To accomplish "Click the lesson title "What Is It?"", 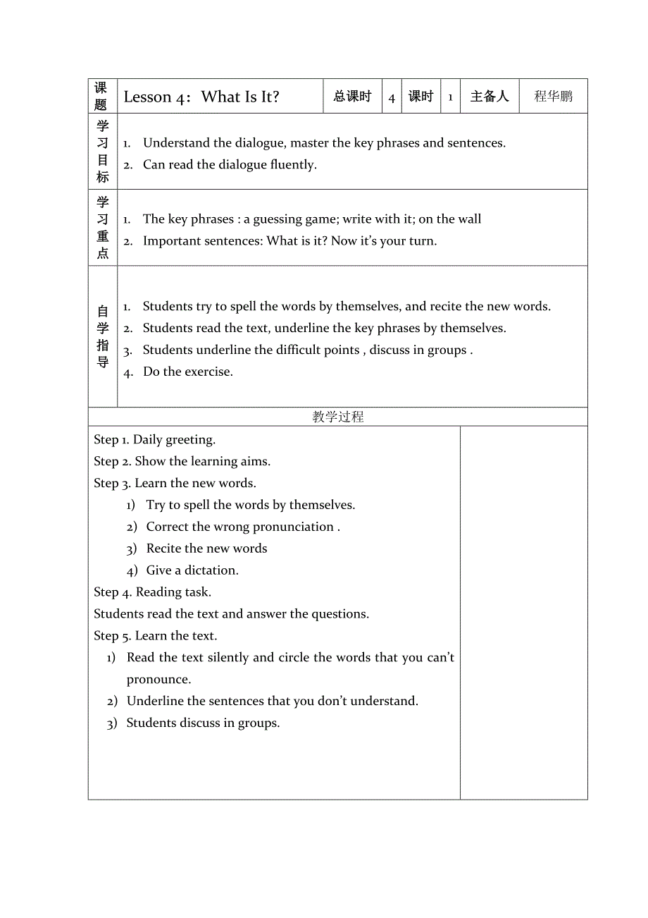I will (x=240, y=97).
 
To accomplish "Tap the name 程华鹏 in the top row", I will (x=553, y=97).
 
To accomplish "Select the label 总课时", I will (x=352, y=97).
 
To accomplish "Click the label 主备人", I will (x=489, y=97).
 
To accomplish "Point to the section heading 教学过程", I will (x=338, y=417).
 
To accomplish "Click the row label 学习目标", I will (x=103, y=152).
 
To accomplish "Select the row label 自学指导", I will (x=103, y=336).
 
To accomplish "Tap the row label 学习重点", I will (x=103, y=228).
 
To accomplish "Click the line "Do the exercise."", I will (x=187, y=372).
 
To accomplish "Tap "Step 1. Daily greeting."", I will (x=155, y=439).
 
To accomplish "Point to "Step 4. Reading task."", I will (x=153, y=592).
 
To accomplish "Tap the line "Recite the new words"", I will (x=206, y=548).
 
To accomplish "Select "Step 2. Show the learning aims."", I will (x=182, y=461).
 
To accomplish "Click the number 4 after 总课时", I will (x=392, y=98).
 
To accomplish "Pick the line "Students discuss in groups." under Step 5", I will (x=203, y=723).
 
